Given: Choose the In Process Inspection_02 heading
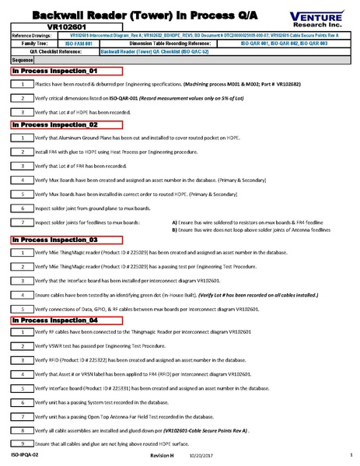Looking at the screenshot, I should (x=54, y=124).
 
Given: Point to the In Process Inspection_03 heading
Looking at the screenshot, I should (x=54, y=240).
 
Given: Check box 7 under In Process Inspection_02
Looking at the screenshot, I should (x=23, y=223).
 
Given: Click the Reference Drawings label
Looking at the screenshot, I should (x=31, y=35).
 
